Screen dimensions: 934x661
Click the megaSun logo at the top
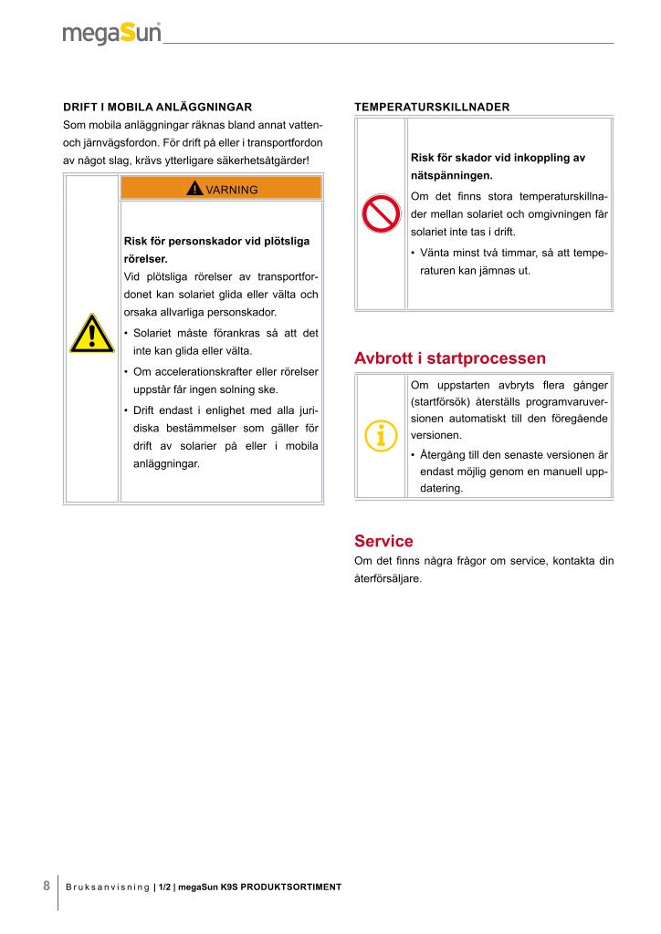tap(112, 34)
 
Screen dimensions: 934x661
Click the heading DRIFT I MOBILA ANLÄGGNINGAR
tap(157, 107)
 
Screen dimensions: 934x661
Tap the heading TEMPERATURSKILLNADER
tap(432, 107)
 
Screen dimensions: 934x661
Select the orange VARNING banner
tap(222, 189)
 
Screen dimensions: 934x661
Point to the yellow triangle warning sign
tap(91, 334)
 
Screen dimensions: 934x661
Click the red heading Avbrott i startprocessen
tap(450, 358)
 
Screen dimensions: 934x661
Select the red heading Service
tap(383, 541)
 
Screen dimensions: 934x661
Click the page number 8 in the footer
tap(47, 886)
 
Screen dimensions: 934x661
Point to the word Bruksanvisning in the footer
tap(108, 887)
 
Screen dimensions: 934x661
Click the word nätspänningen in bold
tap(452, 174)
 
